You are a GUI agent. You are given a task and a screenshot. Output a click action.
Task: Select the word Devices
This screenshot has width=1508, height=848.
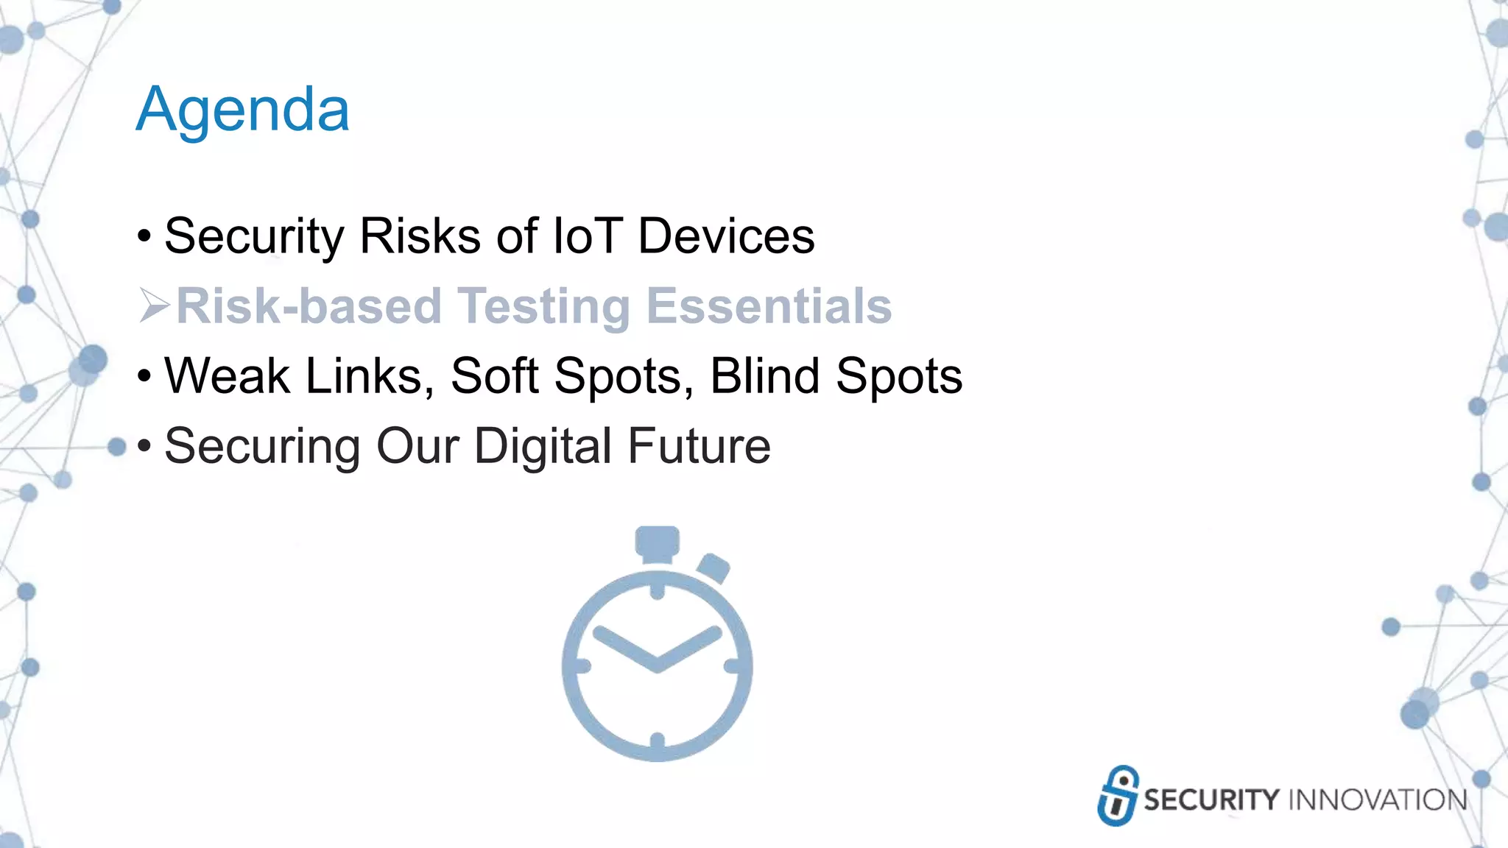(x=726, y=236)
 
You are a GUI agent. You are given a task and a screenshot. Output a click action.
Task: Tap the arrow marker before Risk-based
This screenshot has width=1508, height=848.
(x=154, y=306)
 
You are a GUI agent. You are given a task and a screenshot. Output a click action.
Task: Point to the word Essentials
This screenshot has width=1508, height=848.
(x=769, y=306)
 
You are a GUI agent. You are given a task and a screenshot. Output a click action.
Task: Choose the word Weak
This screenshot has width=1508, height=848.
(x=227, y=376)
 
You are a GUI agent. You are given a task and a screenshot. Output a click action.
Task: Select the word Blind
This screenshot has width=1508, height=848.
(x=764, y=376)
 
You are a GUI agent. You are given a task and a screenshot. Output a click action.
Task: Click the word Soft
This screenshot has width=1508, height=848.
(x=494, y=376)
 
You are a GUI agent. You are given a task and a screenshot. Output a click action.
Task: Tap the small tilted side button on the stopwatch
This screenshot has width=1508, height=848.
(x=713, y=568)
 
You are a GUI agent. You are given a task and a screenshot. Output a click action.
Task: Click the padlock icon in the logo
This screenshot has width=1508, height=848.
(x=1118, y=795)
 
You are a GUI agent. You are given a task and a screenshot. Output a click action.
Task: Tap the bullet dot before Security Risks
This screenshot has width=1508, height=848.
(x=144, y=237)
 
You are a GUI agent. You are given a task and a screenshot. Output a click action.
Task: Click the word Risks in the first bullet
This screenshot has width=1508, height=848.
(x=420, y=236)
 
